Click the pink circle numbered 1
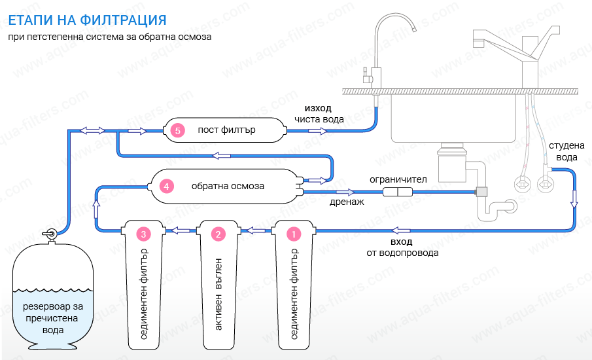294,233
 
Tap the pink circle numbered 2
218,233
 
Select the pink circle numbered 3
143,233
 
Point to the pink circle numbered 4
167,187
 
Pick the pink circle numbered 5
177,131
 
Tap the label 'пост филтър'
226,130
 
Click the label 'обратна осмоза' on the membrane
228,186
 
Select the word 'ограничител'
398,179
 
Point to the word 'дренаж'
347,202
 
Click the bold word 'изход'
318,107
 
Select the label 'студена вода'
566,151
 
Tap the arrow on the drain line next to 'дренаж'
345,192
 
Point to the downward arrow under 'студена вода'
574,198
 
